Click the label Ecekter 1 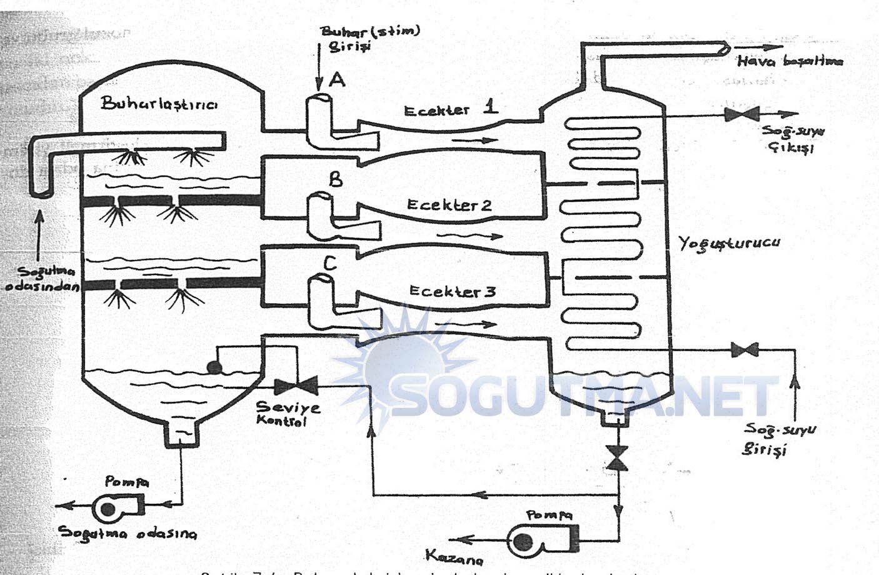(x=451, y=109)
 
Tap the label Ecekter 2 (x=449, y=205)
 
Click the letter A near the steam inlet (x=337, y=79)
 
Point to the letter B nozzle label (x=336, y=180)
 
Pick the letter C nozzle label (x=329, y=264)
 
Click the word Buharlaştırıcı (x=159, y=104)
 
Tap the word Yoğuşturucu (x=729, y=243)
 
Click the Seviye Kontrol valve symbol (x=296, y=385)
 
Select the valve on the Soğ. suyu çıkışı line (x=741, y=114)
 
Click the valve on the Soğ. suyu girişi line (x=745, y=350)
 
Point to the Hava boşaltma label (x=790, y=61)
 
